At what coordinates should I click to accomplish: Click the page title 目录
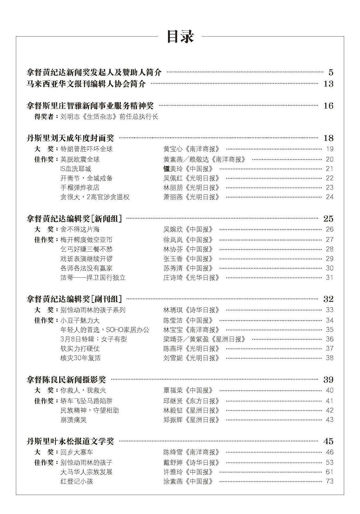180,37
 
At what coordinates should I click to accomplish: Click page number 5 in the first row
331,72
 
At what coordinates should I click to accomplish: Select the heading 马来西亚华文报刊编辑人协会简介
86,84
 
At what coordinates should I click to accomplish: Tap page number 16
328,106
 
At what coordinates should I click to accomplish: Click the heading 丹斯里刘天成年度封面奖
70,138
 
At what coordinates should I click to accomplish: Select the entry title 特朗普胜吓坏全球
86,149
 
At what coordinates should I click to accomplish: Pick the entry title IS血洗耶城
76,169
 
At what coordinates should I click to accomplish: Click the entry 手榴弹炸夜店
80,188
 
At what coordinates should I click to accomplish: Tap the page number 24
329,197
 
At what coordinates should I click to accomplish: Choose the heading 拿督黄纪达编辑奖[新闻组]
74,219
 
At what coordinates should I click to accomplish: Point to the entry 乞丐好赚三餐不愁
86,249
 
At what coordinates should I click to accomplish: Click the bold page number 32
328,299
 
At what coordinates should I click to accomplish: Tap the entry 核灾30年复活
80,358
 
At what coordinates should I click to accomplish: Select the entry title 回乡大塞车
77,452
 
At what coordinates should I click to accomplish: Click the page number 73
329,481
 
